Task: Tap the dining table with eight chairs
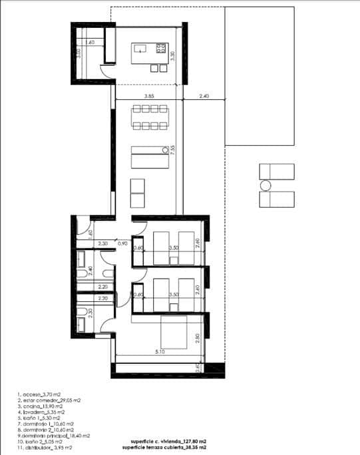click(148, 118)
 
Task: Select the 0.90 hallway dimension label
click(122, 244)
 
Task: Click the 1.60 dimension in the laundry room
click(91, 43)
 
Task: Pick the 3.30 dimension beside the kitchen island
click(172, 57)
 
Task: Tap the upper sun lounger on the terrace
click(276, 171)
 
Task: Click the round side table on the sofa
click(164, 149)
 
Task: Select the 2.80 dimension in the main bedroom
click(197, 338)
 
